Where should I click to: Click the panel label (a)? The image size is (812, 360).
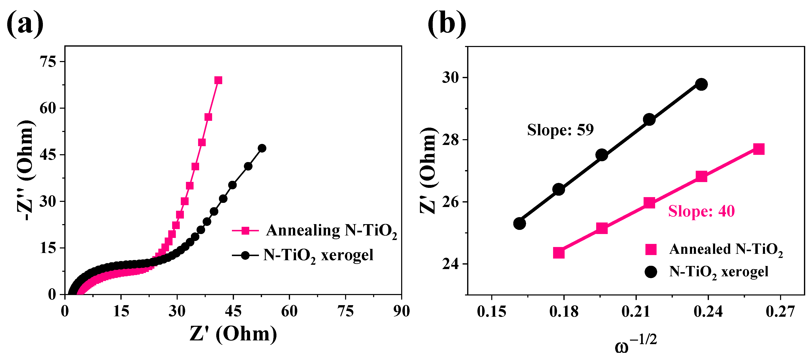pos(25,24)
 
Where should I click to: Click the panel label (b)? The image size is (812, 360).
pos(447,24)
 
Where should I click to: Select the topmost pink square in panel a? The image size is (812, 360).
pos(218,80)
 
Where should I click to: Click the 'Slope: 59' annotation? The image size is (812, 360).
pos(560,130)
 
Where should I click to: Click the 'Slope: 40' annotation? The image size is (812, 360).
pos(701,211)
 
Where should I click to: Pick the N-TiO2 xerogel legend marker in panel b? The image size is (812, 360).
pos(651,271)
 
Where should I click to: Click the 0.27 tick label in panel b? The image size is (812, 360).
pos(780,312)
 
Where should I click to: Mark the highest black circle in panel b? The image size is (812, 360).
pos(701,85)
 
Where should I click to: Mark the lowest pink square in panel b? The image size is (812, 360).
pos(559,253)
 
